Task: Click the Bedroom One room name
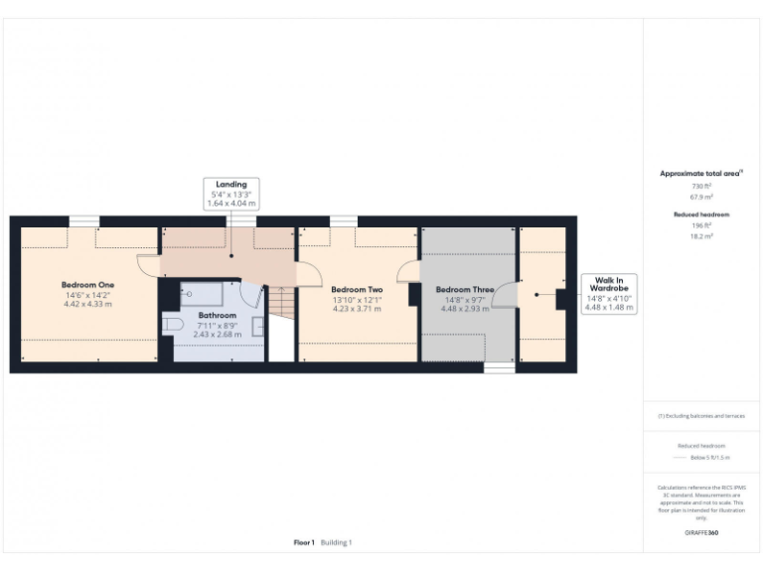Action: click(x=88, y=285)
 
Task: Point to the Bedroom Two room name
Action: click(x=356, y=290)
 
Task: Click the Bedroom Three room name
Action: click(x=465, y=290)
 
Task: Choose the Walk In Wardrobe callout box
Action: click(x=609, y=294)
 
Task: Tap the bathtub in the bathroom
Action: click(x=206, y=294)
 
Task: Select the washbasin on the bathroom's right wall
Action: click(x=257, y=327)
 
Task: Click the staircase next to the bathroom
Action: click(x=282, y=303)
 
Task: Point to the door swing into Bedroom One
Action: click(x=148, y=263)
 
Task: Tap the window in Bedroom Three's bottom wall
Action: click(x=499, y=368)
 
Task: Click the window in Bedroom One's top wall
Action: click(x=84, y=220)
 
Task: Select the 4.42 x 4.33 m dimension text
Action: click(x=88, y=304)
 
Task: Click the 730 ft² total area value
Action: click(x=701, y=186)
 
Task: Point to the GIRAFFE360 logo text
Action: click(x=701, y=533)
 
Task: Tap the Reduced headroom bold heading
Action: click(x=701, y=214)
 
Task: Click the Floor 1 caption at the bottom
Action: click(x=304, y=542)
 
